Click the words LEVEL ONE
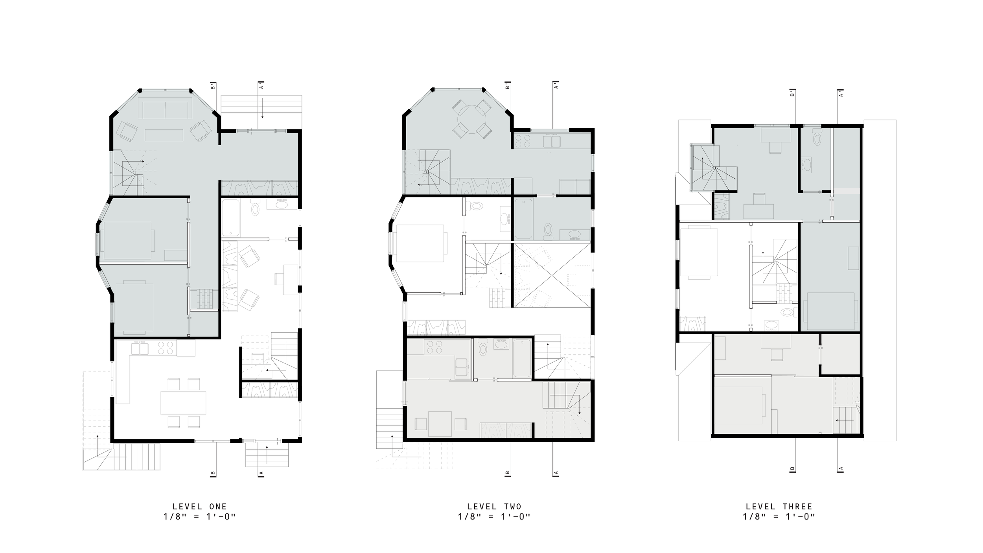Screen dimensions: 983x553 coord(200,507)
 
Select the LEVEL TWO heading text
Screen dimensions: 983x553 coord(494,507)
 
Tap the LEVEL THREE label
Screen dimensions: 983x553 coord(779,507)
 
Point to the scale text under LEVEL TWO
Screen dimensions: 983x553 coord(494,516)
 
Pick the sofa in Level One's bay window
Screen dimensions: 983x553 coord(165,111)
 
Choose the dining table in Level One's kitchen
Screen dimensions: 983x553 coord(183,402)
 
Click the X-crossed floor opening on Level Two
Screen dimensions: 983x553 coord(552,275)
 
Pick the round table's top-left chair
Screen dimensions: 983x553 coord(459,107)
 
